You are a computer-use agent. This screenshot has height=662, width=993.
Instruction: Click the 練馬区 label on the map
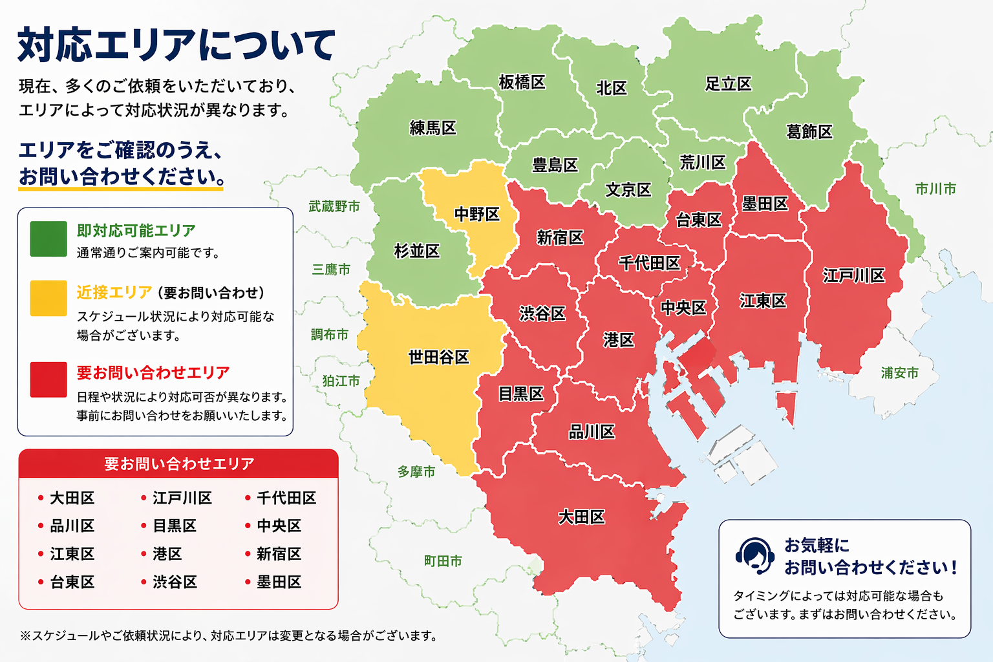(x=433, y=128)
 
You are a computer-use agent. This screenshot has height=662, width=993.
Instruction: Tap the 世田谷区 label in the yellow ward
(x=438, y=357)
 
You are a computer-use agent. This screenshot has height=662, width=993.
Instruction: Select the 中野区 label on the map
(x=477, y=214)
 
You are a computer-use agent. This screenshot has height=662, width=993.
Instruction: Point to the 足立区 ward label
(x=728, y=84)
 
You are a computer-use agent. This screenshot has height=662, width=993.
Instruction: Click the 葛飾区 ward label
(x=809, y=132)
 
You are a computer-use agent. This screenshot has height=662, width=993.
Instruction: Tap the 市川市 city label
(x=935, y=189)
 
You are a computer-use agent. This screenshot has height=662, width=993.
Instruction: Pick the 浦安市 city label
(x=899, y=373)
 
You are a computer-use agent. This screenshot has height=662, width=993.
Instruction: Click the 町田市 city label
(x=443, y=561)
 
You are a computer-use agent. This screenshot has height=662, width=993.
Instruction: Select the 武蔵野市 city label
(x=334, y=206)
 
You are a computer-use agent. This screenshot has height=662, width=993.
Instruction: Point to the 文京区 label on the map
(x=628, y=190)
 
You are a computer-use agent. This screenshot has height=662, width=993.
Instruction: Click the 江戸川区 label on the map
(x=853, y=276)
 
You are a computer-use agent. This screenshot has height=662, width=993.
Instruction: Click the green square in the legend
(x=48, y=239)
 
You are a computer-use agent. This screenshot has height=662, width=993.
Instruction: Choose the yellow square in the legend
(x=48, y=298)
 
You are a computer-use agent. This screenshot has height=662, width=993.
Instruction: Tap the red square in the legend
(x=48, y=379)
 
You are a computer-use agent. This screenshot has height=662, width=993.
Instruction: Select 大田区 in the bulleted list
(x=72, y=498)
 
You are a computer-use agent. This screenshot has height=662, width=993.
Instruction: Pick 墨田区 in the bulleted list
(x=279, y=582)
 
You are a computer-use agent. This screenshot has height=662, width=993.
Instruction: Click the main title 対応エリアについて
(x=176, y=45)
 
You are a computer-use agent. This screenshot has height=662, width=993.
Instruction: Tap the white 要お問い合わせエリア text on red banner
(x=179, y=464)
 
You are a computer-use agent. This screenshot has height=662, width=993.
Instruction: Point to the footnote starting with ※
(x=229, y=635)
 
